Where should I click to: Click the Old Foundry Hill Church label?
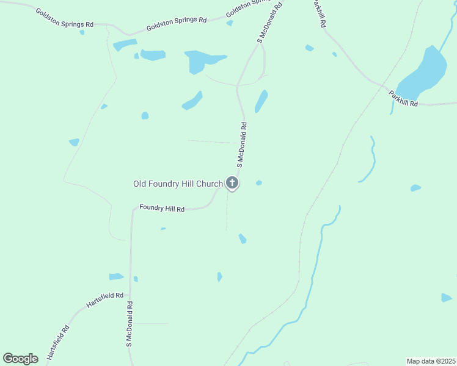coord(178,184)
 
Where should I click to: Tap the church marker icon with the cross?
coord(232,182)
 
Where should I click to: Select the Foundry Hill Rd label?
coord(162,208)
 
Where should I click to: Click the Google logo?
coord(21,359)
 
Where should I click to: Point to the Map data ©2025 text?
coord(431,361)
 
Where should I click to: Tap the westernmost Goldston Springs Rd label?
coord(64,18)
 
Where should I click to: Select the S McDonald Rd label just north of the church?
coord(241,145)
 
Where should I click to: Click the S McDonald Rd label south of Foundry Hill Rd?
coord(130,324)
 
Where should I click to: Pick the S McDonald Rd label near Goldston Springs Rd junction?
coord(270,23)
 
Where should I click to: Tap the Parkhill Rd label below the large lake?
coord(403,99)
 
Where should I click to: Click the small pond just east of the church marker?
coord(259,182)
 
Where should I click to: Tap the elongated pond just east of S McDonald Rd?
coord(261,101)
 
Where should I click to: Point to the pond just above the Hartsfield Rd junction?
coord(116,277)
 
